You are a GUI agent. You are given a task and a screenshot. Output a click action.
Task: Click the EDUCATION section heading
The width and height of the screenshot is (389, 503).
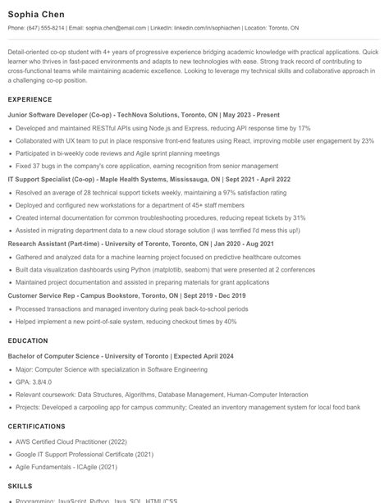pos(28,340)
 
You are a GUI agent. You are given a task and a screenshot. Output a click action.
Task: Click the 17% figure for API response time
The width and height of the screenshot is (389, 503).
pos(304,129)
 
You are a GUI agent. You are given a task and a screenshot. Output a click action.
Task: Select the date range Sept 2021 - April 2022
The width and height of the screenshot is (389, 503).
pos(256,178)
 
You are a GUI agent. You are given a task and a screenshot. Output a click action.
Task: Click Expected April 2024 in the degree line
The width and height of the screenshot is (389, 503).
pos(202,356)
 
